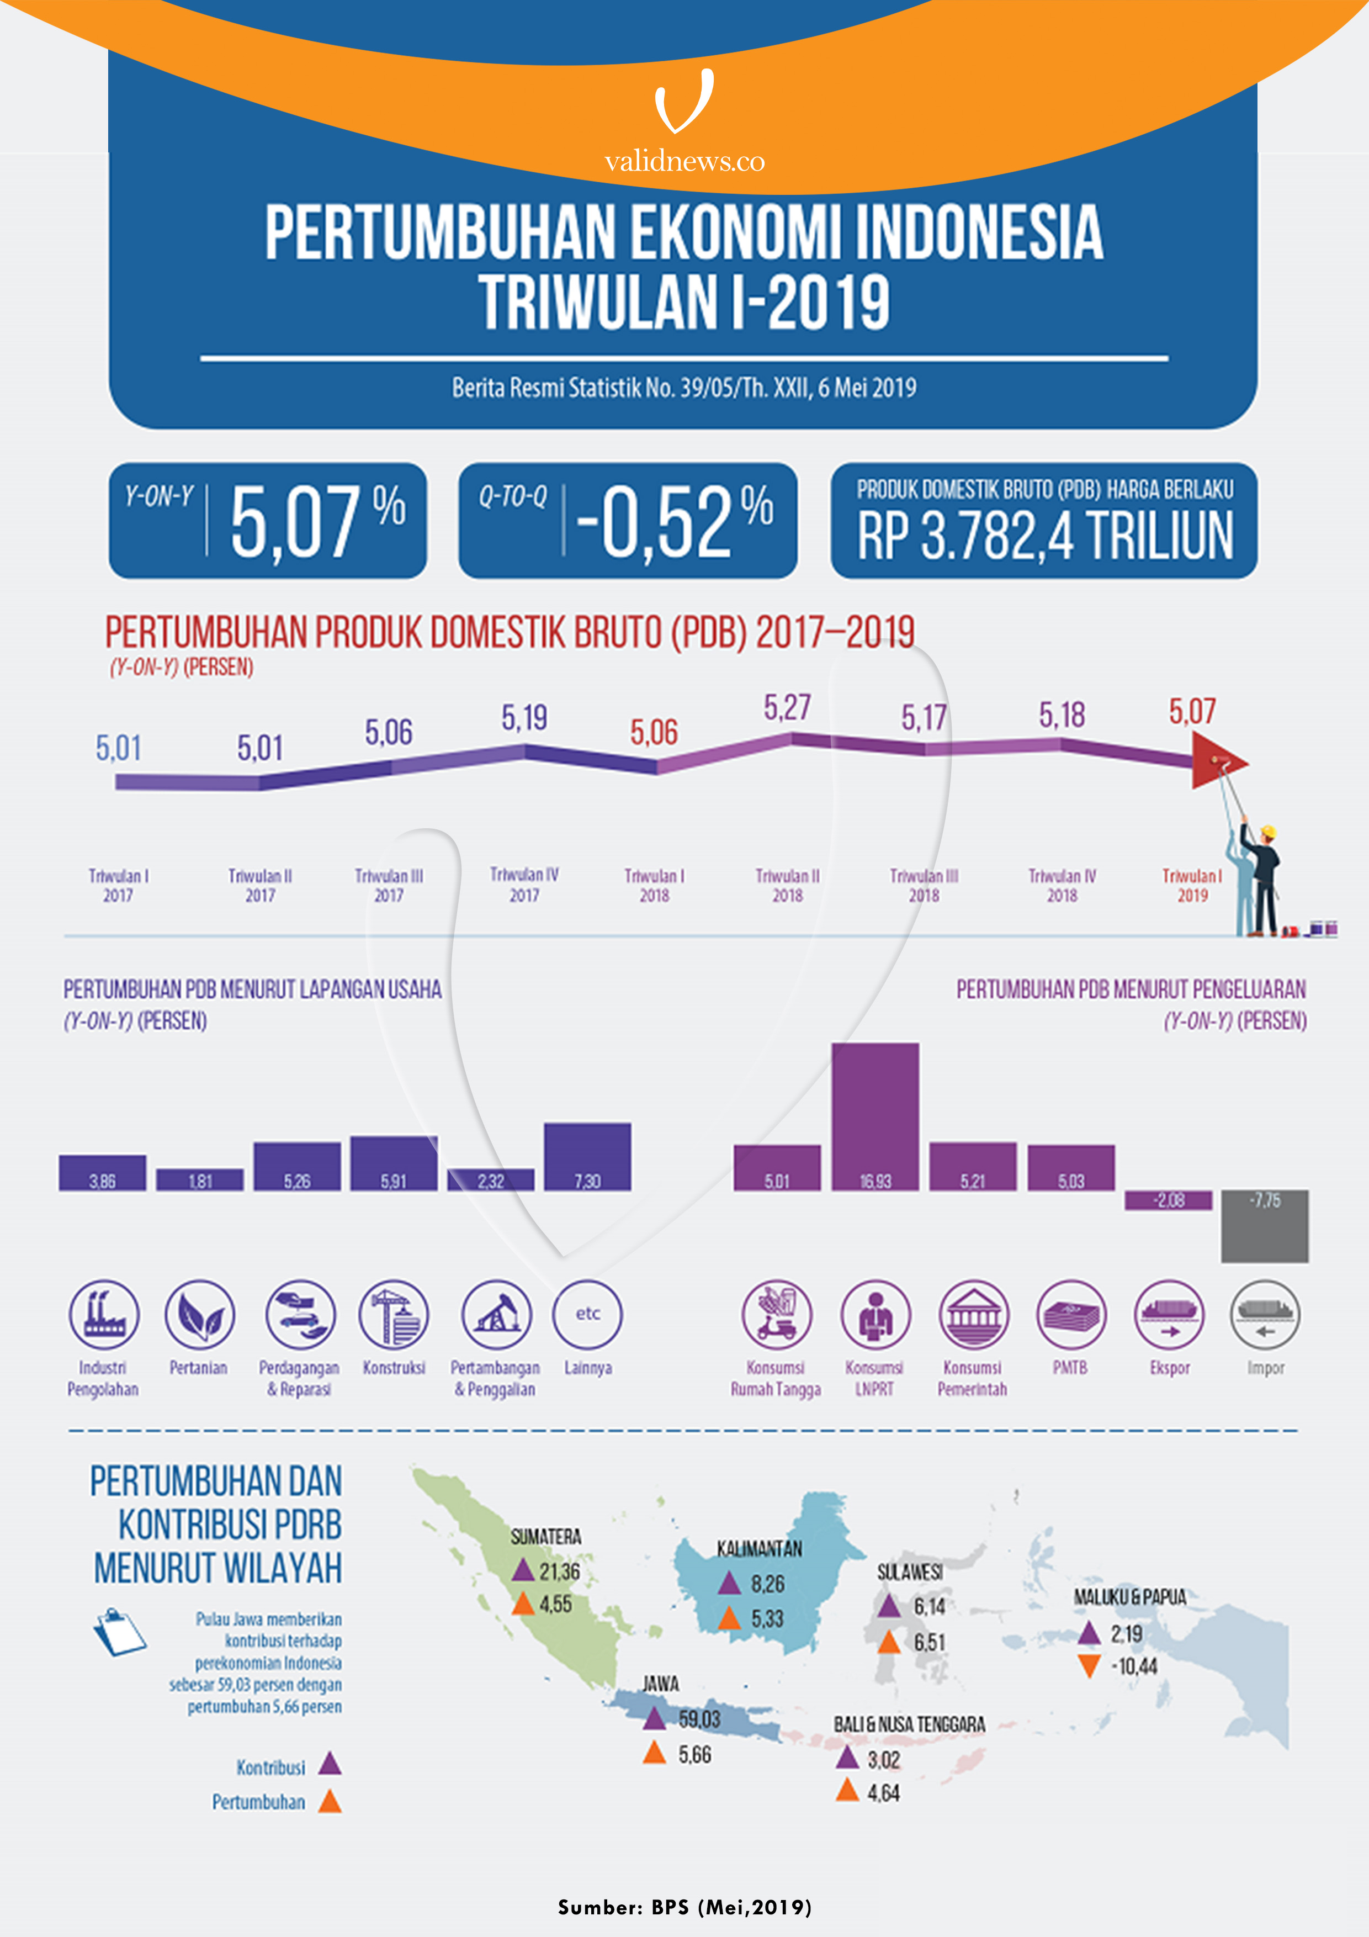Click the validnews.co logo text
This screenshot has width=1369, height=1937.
(x=684, y=161)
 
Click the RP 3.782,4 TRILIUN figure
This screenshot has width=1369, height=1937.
(x=1044, y=536)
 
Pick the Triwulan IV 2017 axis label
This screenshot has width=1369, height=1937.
(x=524, y=884)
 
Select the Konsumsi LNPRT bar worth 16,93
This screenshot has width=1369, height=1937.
(x=875, y=1116)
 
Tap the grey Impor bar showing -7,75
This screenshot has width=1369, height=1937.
(x=1265, y=1226)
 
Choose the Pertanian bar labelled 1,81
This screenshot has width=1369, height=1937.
(x=200, y=1179)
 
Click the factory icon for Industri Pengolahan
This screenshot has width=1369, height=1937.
(x=104, y=1314)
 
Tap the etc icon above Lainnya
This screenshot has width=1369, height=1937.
(x=588, y=1314)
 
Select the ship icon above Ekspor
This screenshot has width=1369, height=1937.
(x=1169, y=1314)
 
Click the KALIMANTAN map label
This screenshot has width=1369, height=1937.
(x=759, y=1548)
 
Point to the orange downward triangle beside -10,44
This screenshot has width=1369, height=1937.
(x=1089, y=1665)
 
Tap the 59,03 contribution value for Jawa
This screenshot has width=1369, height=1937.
(x=699, y=1718)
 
